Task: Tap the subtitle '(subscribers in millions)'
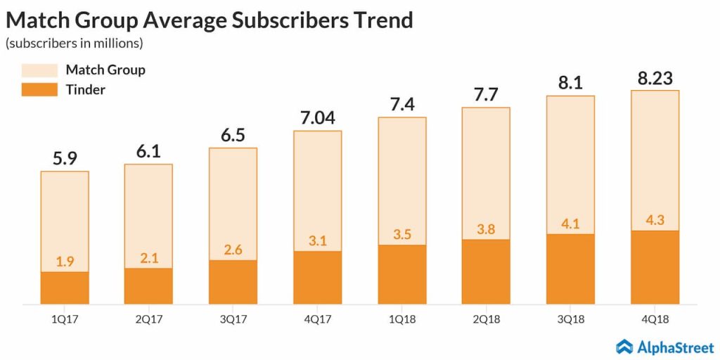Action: point(74,44)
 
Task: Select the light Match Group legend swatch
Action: point(39,70)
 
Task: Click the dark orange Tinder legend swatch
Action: point(39,89)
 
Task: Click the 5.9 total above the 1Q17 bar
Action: point(65,158)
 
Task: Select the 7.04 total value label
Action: point(318,117)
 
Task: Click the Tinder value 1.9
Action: point(65,262)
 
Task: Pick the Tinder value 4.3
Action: point(655,220)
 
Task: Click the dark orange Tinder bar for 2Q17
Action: point(149,286)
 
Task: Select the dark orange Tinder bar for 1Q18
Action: point(402,274)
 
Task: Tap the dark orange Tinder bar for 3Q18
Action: point(571,269)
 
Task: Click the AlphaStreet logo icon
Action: point(625,346)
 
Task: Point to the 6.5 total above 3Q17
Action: point(233,135)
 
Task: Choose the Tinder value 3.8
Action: point(487,229)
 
